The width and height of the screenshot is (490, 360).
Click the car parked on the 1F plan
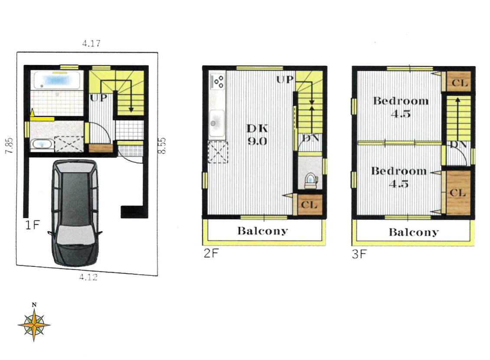point(75,213)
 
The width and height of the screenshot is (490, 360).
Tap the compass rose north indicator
point(34,323)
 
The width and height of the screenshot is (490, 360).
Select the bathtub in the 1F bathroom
point(57,80)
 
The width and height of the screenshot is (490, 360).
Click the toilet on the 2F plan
point(310,180)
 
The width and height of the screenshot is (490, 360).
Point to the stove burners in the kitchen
point(218,81)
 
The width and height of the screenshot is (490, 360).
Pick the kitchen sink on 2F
point(216,124)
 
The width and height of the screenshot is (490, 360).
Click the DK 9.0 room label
point(257,135)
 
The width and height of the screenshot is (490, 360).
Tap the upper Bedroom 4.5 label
point(401,107)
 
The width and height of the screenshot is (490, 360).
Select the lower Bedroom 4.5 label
point(399,177)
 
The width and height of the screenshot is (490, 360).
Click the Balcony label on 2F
point(262,231)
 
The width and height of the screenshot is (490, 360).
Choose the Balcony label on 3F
point(414,232)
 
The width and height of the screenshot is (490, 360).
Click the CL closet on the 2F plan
point(309,205)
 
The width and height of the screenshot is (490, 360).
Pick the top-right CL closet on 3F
point(459,82)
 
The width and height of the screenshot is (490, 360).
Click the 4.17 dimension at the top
point(91,43)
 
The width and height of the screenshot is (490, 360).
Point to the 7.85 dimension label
point(10,145)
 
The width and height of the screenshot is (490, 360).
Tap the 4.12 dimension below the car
point(88,277)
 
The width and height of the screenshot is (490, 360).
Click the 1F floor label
point(33,225)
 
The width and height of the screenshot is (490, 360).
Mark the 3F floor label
point(359,254)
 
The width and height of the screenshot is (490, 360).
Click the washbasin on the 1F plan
point(42,145)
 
